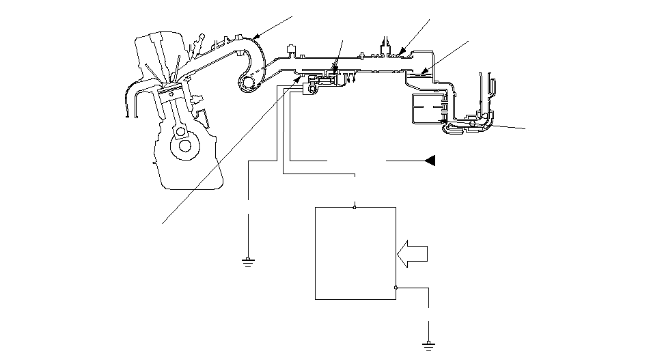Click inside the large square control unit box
pyautogui.click(x=355, y=253)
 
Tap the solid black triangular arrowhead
pyautogui.click(x=430, y=161)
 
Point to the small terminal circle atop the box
pyautogui.click(x=355, y=206)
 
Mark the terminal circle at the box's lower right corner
pyautogui.click(x=396, y=288)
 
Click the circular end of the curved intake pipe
pyautogui.click(x=246, y=83)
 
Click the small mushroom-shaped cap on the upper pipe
pyautogui.click(x=290, y=49)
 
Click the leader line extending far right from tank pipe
pyautogui.click(x=506, y=125)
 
